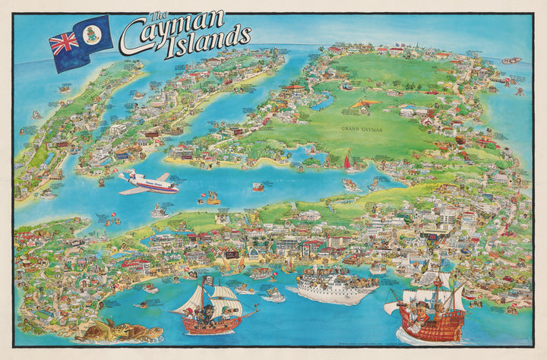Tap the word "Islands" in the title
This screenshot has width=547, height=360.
[x=210, y=40]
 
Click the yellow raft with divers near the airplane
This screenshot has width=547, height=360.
[x=210, y=200]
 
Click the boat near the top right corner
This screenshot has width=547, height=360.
[x=512, y=60]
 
